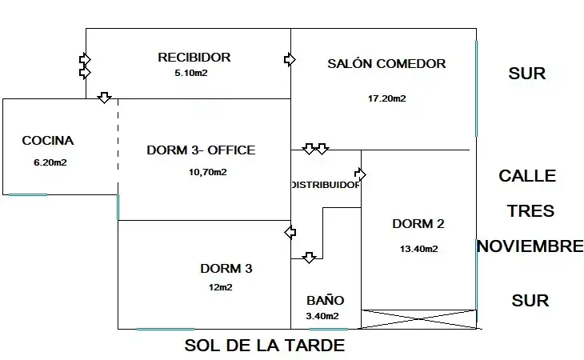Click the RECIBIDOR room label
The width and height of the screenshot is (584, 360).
[194, 58]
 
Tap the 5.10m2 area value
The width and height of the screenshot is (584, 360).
[191, 73]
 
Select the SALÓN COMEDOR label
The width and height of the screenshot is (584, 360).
[386, 64]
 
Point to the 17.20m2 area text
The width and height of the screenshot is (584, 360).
[387, 98]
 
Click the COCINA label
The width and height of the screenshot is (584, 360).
[48, 141]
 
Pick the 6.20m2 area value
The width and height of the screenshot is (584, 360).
[50, 162]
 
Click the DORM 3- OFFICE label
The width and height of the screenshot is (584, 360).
[201, 150]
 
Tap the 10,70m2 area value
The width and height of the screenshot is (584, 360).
[208, 172]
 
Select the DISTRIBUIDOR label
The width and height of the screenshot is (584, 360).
[326, 185]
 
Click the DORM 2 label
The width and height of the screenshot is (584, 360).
[418, 224]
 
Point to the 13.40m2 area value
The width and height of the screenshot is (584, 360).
[419, 249]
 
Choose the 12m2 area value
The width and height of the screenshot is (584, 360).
[221, 287]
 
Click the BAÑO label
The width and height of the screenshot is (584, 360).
[325, 300]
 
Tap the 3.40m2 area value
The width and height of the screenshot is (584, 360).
[322, 317]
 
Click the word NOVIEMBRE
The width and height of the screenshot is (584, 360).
[530, 246]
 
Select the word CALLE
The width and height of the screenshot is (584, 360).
[527, 176]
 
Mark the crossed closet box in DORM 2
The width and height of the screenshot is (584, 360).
[419, 319]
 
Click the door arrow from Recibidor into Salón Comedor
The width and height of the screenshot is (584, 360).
[290, 59]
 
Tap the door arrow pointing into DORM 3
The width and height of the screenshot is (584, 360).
[290, 232]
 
